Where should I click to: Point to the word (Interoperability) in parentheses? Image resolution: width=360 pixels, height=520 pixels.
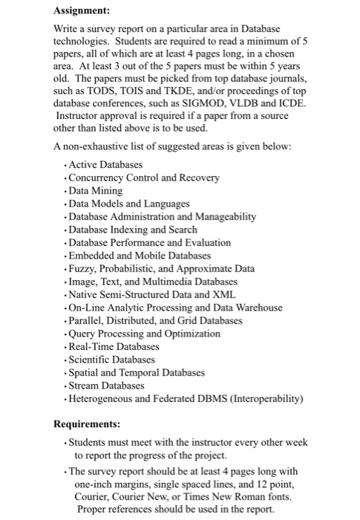pyautogui.click(x=257, y=399)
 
